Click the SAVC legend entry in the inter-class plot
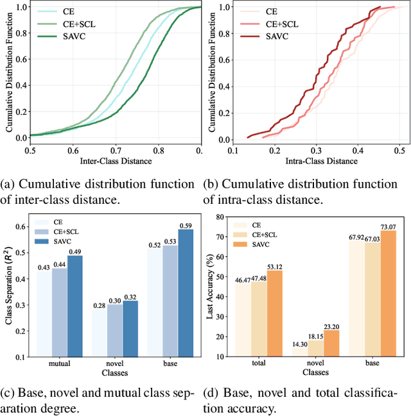click(x=56, y=36)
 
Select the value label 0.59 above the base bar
click(x=186, y=225)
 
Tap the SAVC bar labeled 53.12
click(x=274, y=312)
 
